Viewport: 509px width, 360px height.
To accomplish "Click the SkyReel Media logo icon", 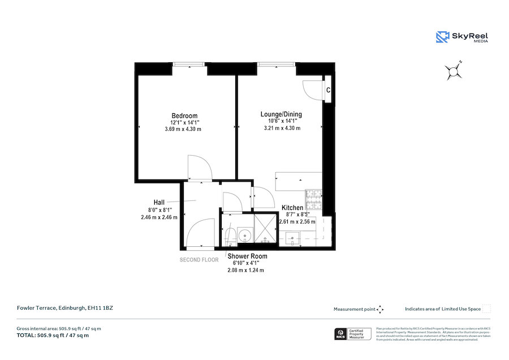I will tap(442, 37).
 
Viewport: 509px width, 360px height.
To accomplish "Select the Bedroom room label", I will tap(184, 116).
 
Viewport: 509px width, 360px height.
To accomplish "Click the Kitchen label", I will tap(292, 208).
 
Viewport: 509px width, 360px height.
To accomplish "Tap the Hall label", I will tap(159, 202).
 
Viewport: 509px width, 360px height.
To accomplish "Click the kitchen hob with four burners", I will tap(313, 198).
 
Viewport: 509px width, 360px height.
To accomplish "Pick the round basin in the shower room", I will tap(244, 234).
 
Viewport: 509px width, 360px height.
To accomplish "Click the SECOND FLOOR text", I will tap(199, 260).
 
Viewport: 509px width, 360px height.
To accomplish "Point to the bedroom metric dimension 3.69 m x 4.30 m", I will tap(179, 129).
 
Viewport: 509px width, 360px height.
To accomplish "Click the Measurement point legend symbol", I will tap(380, 309).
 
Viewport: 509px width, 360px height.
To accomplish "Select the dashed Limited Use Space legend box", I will tap(486, 308).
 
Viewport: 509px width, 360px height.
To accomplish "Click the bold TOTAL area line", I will tap(53, 335).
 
